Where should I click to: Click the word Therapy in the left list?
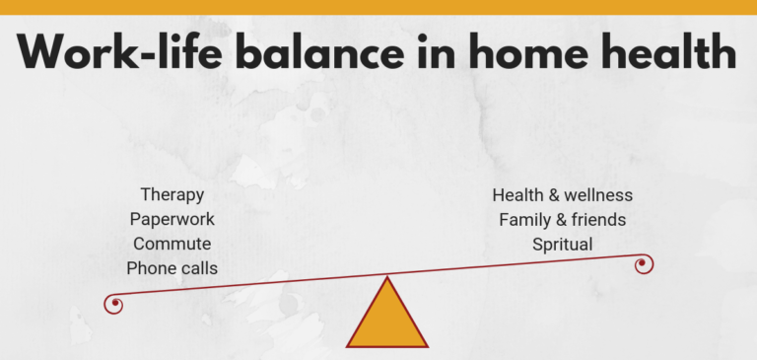[172, 195]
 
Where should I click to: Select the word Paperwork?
[172, 219]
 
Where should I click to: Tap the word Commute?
[172, 244]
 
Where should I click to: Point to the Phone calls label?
[172, 268]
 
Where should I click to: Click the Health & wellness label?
[562, 195]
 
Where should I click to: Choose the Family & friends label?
[562, 219]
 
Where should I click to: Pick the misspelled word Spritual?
[562, 244]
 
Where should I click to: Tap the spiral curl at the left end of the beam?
[114, 304]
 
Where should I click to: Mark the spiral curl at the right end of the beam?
[645, 264]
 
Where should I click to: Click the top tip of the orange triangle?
[387, 279]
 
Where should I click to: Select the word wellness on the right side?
[598, 195]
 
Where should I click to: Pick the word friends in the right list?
[595, 219]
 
